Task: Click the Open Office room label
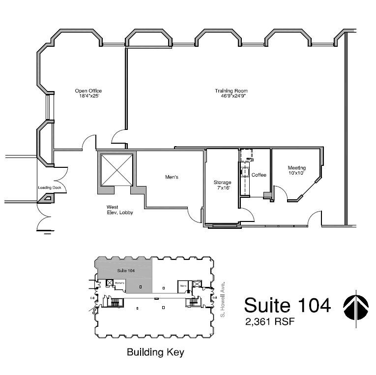click(88, 91)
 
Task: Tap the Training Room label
click(231, 91)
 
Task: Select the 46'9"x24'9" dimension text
click(231, 96)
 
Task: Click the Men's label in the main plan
click(171, 177)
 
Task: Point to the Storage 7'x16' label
click(222, 185)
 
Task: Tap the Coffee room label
click(259, 175)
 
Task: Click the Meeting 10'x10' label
click(297, 171)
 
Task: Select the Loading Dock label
click(48, 187)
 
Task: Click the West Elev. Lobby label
click(120, 210)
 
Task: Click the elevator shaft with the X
click(116, 170)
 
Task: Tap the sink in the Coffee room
click(245, 172)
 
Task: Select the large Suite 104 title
click(287, 305)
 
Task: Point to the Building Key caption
click(155, 352)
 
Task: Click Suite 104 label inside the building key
click(126, 271)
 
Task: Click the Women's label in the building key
click(119, 283)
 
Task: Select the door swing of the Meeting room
click(279, 192)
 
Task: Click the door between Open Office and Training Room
click(119, 137)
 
